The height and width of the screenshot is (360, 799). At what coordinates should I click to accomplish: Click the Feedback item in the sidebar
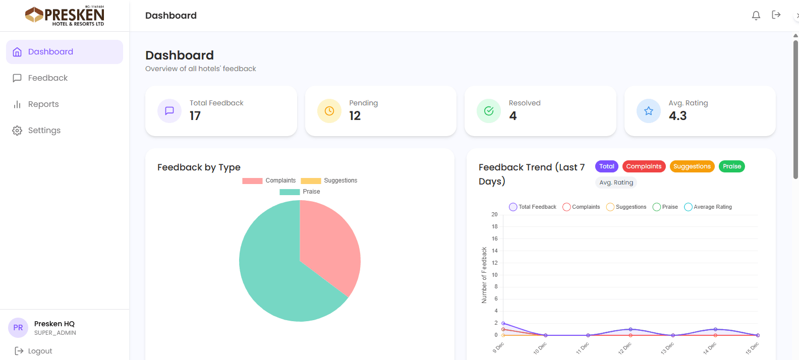47,78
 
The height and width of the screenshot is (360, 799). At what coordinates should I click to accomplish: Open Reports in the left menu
43,104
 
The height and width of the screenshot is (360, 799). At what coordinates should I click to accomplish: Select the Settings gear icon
17,131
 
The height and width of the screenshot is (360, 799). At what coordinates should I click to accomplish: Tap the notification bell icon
756,16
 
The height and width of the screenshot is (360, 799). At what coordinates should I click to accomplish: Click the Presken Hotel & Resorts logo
65,16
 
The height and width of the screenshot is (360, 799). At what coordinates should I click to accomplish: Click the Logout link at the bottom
39,351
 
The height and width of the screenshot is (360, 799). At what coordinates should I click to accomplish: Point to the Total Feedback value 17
195,116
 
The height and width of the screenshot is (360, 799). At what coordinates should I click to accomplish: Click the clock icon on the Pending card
329,111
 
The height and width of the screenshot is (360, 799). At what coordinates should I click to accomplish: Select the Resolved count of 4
512,116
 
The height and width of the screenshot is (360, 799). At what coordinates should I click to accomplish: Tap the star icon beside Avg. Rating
648,111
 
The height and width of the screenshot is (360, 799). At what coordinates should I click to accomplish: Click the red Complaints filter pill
644,166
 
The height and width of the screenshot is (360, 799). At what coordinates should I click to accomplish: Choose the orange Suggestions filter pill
692,166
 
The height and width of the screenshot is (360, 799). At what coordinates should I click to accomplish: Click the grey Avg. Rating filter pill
616,183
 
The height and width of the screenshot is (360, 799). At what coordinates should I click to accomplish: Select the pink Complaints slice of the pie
328,242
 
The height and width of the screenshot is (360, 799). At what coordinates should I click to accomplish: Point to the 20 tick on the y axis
494,214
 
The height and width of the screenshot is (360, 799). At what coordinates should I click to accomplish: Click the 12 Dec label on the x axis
624,348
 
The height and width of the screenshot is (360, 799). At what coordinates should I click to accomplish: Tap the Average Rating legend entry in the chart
708,207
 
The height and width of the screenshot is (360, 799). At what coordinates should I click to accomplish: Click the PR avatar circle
18,328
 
